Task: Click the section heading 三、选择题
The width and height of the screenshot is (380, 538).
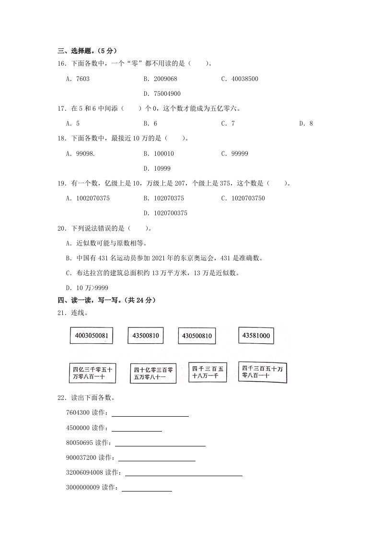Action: pyautogui.click(x=87, y=51)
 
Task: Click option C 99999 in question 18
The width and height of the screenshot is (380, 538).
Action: pyautogui.click(x=234, y=153)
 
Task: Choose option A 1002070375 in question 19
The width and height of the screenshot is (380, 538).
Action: pyautogui.click(x=88, y=198)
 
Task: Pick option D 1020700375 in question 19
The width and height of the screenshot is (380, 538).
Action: pyautogui.click(x=165, y=213)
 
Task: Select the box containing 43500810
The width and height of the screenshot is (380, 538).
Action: pyautogui.click(x=146, y=336)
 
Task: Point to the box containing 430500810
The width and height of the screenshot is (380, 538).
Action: pyautogui.click(x=196, y=336)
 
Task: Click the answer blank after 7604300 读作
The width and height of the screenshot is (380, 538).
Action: pyautogui.click(x=150, y=413)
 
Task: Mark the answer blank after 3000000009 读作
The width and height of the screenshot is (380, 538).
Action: pyautogui.click(x=147, y=488)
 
